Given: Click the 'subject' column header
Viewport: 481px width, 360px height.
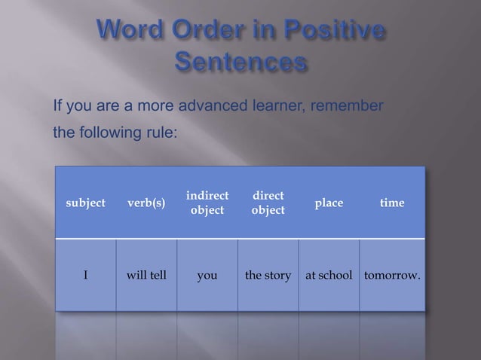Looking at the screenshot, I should point(85,203).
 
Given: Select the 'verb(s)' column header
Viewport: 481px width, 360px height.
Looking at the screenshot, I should point(146,203).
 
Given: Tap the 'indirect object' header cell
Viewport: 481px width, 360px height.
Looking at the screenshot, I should point(207,203).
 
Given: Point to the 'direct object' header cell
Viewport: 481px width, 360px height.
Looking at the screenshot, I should point(268,203).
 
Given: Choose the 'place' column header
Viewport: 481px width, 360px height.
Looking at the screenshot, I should point(329,203).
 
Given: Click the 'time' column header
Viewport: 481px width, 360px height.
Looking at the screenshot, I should point(392,203).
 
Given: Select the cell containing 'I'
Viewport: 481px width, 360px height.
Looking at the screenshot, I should point(85,276).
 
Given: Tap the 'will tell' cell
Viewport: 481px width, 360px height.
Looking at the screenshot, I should point(146,276).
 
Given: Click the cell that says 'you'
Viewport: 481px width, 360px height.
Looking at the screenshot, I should point(207,276).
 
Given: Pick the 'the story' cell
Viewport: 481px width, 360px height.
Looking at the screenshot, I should point(268,276).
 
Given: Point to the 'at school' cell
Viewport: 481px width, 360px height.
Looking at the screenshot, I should point(329,276).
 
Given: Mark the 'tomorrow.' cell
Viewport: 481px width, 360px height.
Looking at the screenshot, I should point(392,276).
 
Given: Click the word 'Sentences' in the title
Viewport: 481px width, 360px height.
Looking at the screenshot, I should point(241,62).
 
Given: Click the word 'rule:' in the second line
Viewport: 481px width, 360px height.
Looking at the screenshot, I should point(161,133).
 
